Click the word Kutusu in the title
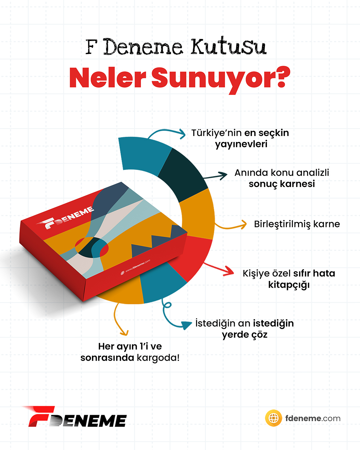228,46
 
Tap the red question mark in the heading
283,77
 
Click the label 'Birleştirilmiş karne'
297,224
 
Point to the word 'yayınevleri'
241,144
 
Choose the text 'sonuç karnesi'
282,184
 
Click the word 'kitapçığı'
289,285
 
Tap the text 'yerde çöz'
245,335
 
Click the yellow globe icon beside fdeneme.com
274,418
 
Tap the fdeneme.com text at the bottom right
313,418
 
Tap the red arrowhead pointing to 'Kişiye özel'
229,272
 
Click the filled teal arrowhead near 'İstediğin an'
186,325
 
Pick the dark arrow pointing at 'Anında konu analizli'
215,176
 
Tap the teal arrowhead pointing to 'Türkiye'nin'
182,134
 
